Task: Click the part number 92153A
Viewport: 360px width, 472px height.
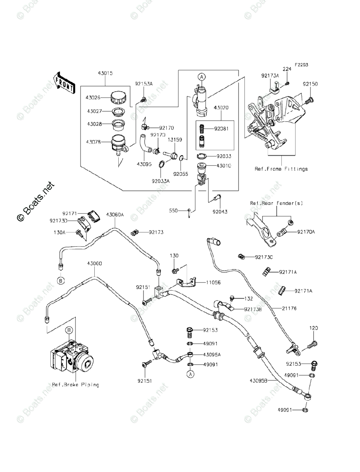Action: (x=144, y=83)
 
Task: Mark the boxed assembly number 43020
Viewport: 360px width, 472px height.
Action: (x=221, y=107)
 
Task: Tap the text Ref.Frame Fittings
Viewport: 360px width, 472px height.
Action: (x=281, y=169)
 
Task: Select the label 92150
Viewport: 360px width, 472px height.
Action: (x=310, y=84)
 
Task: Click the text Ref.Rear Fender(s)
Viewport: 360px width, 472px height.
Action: (x=276, y=203)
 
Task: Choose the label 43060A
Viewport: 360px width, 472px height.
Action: (x=115, y=214)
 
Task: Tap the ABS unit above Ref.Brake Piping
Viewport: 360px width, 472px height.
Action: (x=72, y=360)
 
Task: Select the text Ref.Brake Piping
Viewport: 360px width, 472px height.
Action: (x=75, y=384)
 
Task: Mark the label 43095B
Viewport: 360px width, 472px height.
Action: (x=259, y=380)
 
